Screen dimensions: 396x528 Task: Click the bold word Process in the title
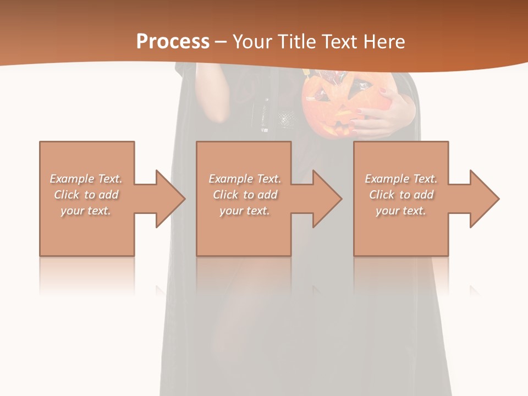[173, 42]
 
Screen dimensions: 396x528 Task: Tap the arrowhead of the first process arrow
[170, 199]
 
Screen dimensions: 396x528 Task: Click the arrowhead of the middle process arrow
[327, 199]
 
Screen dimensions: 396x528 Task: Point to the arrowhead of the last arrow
[485, 199]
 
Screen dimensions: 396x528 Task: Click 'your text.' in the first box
[86, 211]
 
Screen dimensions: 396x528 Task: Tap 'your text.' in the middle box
[244, 211]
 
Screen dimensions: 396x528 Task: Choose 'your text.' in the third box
[401, 211]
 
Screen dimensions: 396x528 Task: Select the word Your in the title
[251, 42]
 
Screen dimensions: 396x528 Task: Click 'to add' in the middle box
[263, 195]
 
